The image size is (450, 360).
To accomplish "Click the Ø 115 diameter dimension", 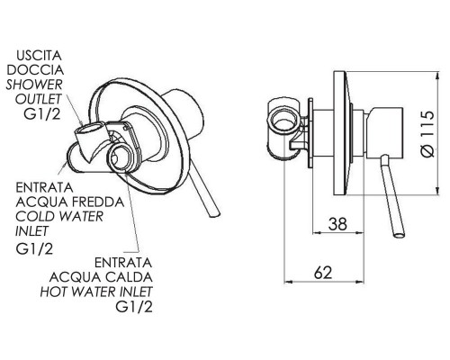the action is pos(427,134).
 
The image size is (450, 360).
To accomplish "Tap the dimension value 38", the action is pos(337,224).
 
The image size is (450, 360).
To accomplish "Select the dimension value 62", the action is pos(323,273).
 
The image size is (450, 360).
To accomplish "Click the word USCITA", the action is pos(39,56).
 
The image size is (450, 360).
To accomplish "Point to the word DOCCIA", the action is pos(35,70).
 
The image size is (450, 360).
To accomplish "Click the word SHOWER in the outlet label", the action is pos(34,85).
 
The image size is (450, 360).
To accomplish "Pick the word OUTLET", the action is pos(38,99).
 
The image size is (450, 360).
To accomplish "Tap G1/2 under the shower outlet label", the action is pos(42,113).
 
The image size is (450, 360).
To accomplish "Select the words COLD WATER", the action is pos(59,216).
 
